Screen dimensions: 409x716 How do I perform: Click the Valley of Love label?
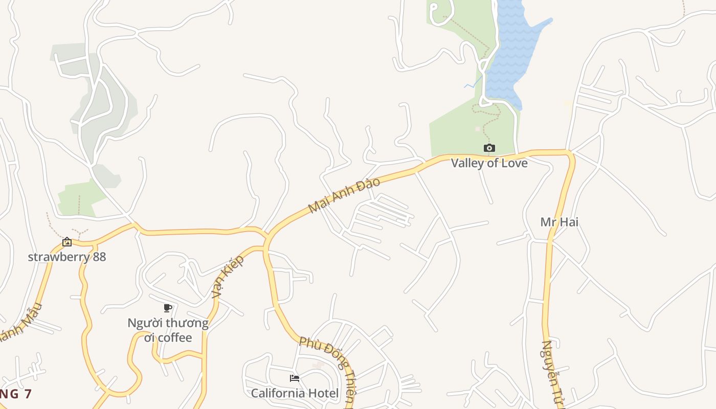pyautogui.click(x=489, y=163)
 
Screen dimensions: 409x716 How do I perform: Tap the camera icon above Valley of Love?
pyautogui.click(x=489, y=148)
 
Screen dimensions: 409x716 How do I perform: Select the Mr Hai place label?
pyautogui.click(x=559, y=222)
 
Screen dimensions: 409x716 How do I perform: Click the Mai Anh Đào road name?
pyautogui.click(x=344, y=196)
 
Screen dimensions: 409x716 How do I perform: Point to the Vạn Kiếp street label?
pyautogui.click(x=228, y=277)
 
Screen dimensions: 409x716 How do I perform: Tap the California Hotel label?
pyautogui.click(x=295, y=393)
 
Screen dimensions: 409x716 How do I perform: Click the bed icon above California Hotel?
pyautogui.click(x=295, y=378)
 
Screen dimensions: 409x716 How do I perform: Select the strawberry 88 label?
pyautogui.click(x=67, y=257)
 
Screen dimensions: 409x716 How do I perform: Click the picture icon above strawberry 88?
pyautogui.click(x=67, y=242)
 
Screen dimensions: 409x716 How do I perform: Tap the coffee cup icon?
pyautogui.click(x=167, y=308)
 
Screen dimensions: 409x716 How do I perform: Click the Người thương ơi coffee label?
pyautogui.click(x=168, y=330)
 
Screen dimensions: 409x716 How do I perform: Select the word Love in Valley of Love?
pyautogui.click(x=512, y=163)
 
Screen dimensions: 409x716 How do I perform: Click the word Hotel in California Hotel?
pyautogui.click(x=323, y=393)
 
